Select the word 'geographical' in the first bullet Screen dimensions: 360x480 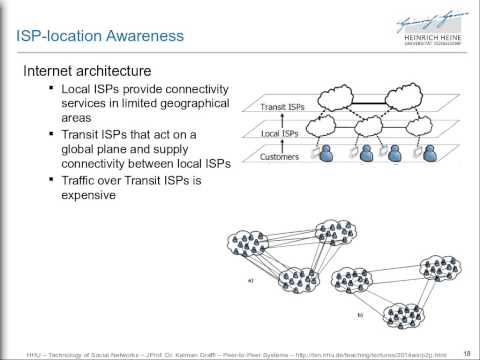pyautogui.click(x=186, y=105)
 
